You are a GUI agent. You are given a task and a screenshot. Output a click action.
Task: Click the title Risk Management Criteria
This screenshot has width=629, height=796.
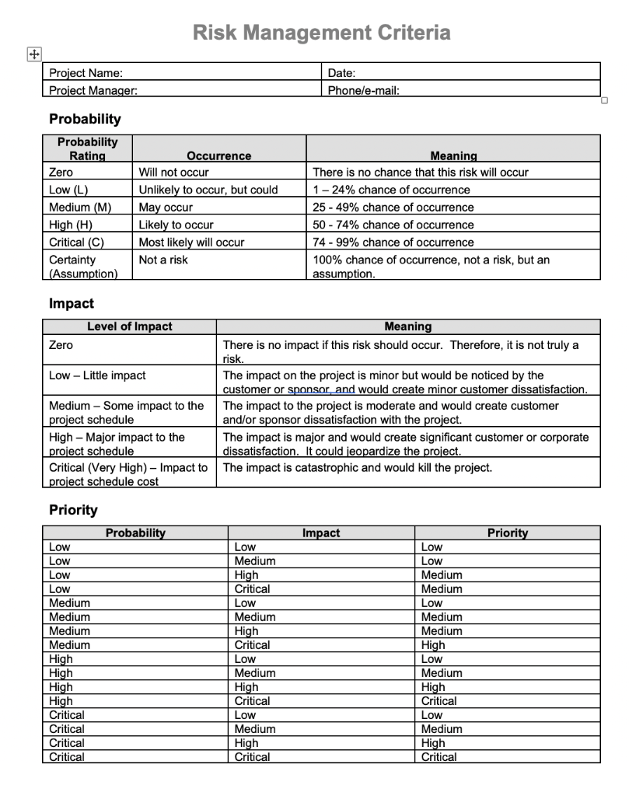tap(321, 33)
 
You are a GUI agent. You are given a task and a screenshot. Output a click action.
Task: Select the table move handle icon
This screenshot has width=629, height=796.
tap(33, 54)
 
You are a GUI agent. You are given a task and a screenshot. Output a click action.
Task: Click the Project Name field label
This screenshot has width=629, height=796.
tap(86, 73)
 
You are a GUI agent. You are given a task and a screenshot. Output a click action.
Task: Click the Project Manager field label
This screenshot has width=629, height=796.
tap(93, 90)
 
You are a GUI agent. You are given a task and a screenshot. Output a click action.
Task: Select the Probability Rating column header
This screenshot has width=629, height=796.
tap(87, 148)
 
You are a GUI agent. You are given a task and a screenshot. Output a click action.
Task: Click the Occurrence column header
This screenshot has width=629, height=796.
tap(218, 155)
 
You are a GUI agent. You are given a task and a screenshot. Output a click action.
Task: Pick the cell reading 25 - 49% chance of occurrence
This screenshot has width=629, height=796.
tap(393, 208)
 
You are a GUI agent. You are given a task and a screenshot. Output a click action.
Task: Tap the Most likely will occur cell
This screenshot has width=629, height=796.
tap(191, 243)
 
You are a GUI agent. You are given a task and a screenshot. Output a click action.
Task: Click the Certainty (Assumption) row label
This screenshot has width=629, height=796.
tap(83, 267)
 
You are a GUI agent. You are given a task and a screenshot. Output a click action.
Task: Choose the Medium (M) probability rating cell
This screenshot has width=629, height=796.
tap(80, 208)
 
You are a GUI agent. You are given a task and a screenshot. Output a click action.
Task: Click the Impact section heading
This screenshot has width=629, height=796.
tap(71, 304)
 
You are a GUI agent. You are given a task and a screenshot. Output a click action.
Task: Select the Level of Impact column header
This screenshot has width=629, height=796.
tap(129, 326)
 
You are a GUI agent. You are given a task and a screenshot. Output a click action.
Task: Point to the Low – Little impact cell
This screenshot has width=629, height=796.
tap(97, 375)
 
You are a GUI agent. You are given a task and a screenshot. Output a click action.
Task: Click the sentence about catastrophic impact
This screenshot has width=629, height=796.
tap(357, 468)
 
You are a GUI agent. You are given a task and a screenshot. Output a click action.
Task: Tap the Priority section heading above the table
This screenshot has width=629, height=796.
tap(73, 510)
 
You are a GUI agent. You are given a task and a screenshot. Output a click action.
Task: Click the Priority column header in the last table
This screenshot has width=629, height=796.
tap(507, 532)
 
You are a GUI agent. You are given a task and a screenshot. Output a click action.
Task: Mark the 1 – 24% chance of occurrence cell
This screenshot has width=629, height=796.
tap(391, 190)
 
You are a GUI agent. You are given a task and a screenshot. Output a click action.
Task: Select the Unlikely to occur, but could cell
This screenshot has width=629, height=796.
tap(208, 190)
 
